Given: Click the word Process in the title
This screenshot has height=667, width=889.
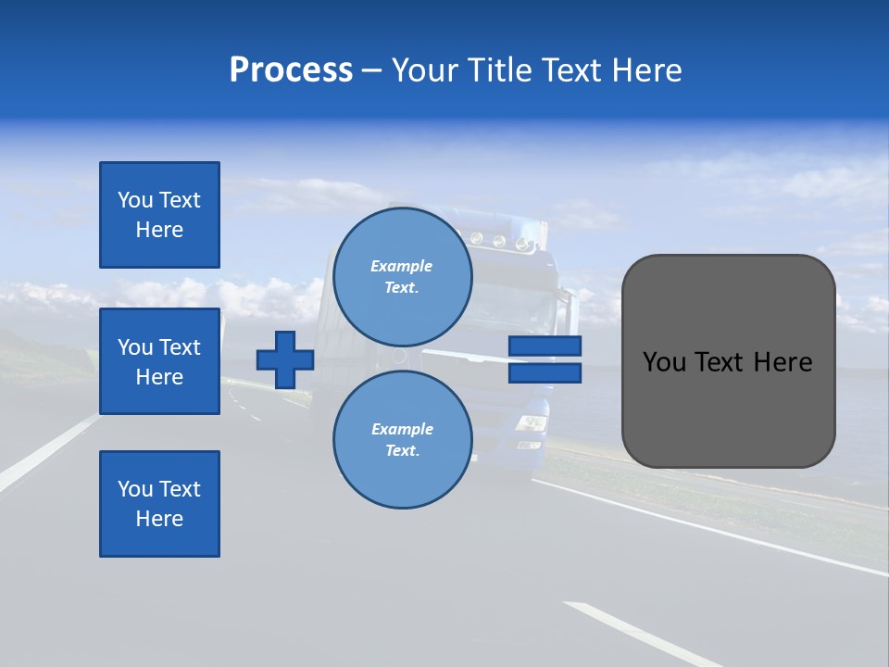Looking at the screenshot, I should coord(291,70).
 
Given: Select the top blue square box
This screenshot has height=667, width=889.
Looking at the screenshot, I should coord(159,215).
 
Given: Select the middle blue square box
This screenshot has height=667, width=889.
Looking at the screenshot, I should coord(159,361).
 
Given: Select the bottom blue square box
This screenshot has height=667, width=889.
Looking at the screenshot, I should coord(159,504).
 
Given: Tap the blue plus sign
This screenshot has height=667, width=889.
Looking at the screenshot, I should coord(285,359).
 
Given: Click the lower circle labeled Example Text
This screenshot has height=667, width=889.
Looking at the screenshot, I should coord(402,439).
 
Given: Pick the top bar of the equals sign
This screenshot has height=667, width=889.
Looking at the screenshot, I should coord(545,346).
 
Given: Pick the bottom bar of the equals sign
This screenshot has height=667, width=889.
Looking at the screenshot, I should coord(545,373).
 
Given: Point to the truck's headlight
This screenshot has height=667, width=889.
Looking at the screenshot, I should coord(531,423).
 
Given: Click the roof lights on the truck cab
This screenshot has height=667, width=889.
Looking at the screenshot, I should coord(500,242).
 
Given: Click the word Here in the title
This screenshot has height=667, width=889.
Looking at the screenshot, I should coord(645,70).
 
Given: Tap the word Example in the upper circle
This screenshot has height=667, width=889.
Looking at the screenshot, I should coord(401,266).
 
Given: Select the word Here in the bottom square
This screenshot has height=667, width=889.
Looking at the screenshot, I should coord(159,519).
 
